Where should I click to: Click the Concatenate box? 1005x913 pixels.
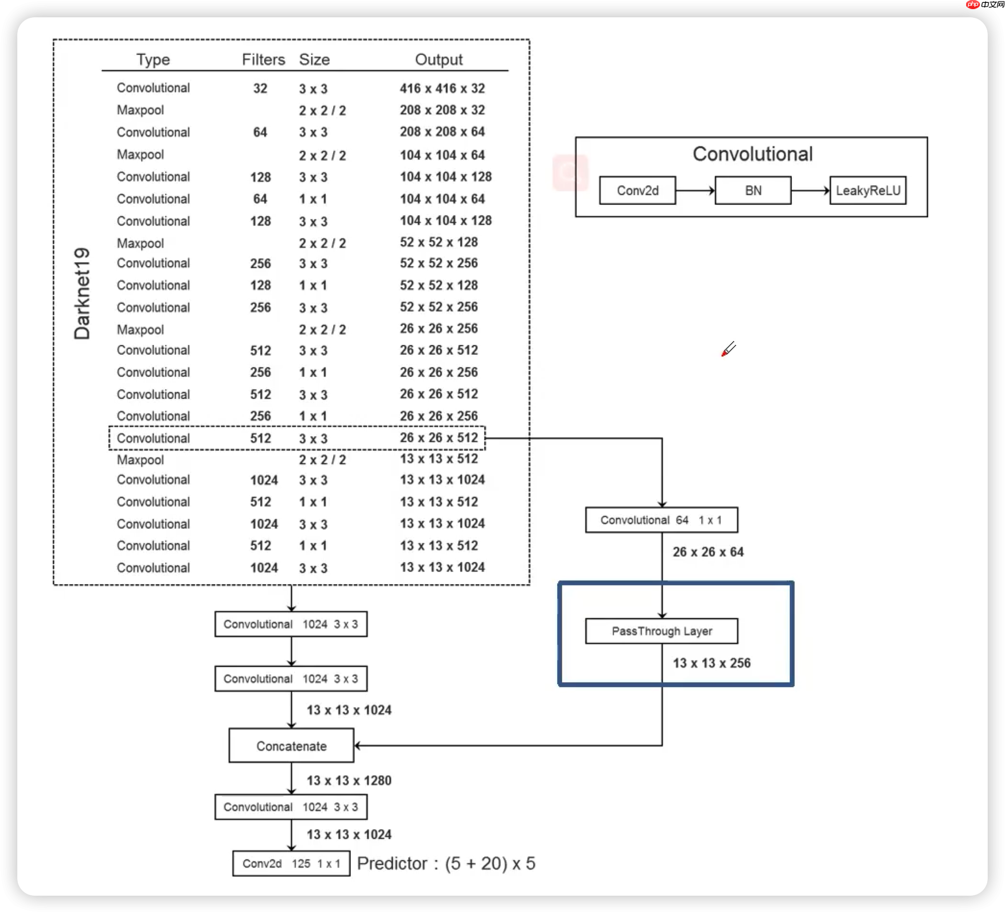click(x=291, y=745)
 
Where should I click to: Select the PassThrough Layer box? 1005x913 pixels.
click(x=662, y=631)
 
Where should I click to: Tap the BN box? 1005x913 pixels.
click(x=753, y=190)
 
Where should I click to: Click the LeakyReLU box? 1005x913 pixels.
click(x=868, y=190)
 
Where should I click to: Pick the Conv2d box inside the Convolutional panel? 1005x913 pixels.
click(x=637, y=190)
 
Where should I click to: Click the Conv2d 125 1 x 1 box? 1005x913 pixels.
click(x=291, y=863)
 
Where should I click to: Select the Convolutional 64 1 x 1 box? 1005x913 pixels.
click(x=662, y=520)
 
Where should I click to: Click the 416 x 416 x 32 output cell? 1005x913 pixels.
click(x=442, y=88)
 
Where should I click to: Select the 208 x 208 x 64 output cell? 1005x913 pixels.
click(x=442, y=132)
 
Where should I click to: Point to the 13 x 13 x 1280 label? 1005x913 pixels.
click(x=349, y=780)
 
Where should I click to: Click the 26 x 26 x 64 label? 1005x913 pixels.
click(x=708, y=552)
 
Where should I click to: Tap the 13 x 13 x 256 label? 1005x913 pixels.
click(x=711, y=663)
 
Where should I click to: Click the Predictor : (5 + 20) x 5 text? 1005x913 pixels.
click(x=446, y=863)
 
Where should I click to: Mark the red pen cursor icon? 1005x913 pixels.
click(x=728, y=348)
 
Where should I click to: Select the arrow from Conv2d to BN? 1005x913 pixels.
click(x=695, y=190)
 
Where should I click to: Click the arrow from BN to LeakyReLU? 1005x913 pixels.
click(x=810, y=190)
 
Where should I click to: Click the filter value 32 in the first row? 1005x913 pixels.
click(x=260, y=88)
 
